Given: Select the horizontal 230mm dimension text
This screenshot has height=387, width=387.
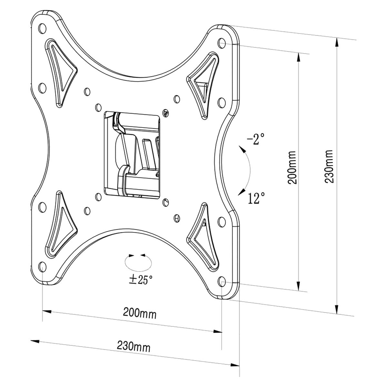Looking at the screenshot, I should point(134,347).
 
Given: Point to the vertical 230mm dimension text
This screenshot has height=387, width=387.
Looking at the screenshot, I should point(329,166).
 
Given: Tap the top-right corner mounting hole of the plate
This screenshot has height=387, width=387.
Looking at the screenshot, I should point(222,42).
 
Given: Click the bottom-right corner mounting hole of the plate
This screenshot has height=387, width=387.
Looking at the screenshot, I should point(222,281).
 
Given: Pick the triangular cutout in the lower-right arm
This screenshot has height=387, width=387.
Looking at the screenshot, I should point(203,232).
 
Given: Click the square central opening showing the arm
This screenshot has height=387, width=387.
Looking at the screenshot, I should point(132,153).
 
